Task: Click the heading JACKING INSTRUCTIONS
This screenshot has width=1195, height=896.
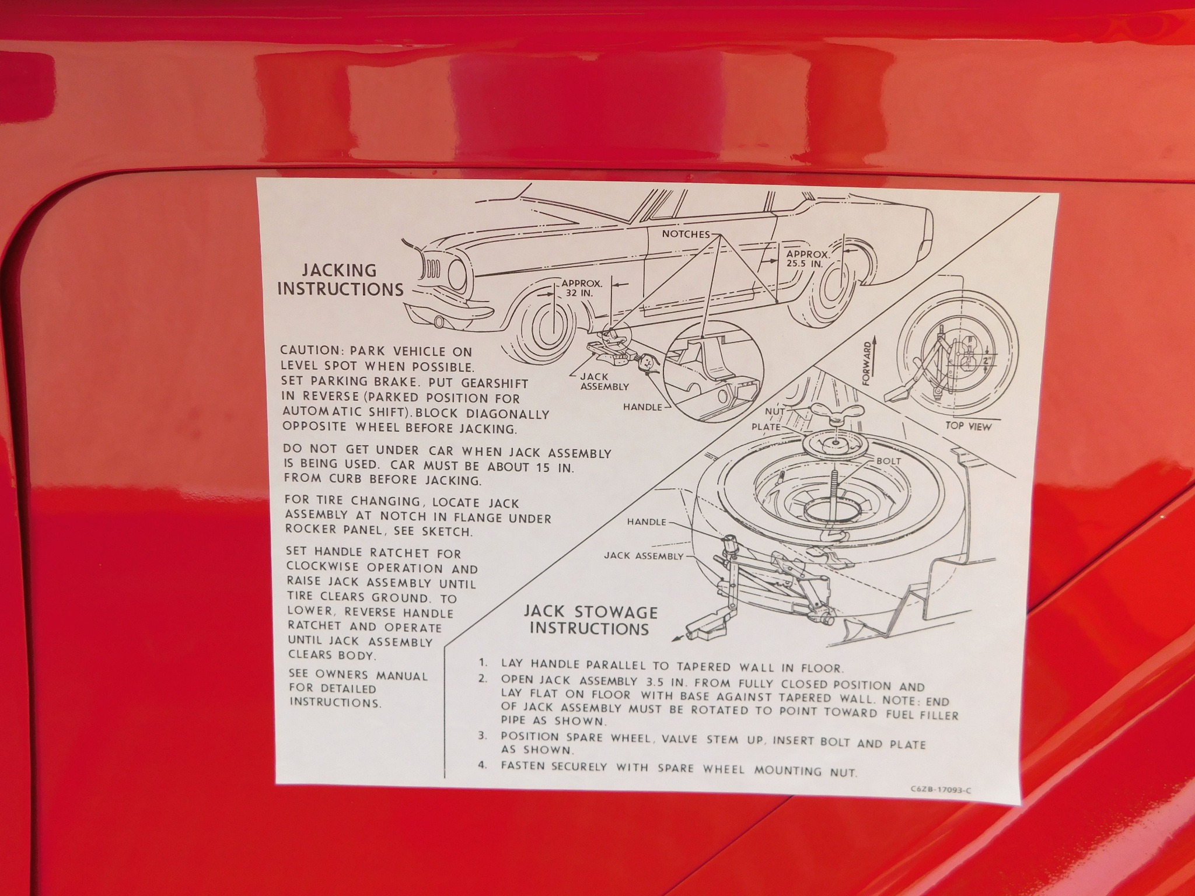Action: pyautogui.click(x=340, y=279)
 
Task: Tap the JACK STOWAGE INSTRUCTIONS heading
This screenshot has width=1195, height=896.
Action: pyautogui.click(x=590, y=620)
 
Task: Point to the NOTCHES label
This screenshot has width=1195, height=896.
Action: pyautogui.click(x=686, y=234)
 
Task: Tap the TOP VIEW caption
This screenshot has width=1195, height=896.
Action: pyautogui.click(x=968, y=426)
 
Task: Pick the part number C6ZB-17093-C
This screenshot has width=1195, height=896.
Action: pyautogui.click(x=941, y=790)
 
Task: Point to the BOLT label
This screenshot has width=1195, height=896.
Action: pyautogui.click(x=889, y=461)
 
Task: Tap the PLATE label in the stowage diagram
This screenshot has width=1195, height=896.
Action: pyautogui.click(x=766, y=426)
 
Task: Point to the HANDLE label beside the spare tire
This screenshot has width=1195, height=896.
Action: pyautogui.click(x=647, y=521)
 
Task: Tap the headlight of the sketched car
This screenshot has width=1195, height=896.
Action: pyautogui.click(x=455, y=273)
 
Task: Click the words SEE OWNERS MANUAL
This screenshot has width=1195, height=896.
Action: pyautogui.click(x=358, y=675)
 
